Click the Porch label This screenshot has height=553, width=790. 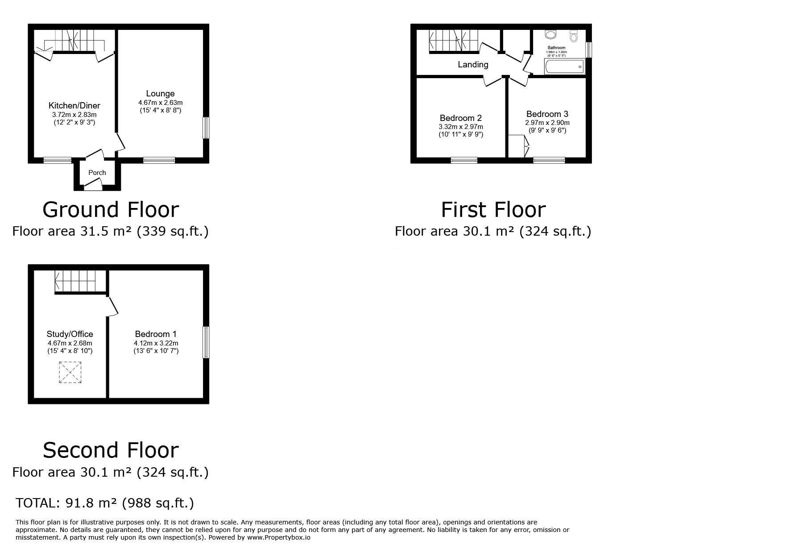[97, 173]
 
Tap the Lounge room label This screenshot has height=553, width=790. [160, 94]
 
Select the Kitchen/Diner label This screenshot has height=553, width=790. [74, 106]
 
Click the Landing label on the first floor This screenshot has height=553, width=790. [473, 65]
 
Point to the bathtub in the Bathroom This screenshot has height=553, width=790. [564, 67]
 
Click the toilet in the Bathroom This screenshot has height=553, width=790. [574, 35]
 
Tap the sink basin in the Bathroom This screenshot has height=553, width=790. [551, 34]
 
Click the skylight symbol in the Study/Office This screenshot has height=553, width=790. [70, 372]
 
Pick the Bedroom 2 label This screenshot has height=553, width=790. [461, 118]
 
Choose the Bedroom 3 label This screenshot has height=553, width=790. [547, 114]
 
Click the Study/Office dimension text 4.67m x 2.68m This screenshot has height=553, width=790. [70, 343]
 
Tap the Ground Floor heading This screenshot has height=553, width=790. [111, 210]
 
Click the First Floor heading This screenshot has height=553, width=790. [493, 210]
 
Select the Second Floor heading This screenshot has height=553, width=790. [111, 450]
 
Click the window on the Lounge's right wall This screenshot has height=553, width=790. [206, 128]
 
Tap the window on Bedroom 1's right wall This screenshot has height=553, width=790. [206, 342]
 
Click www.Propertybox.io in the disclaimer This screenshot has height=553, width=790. [279, 538]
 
